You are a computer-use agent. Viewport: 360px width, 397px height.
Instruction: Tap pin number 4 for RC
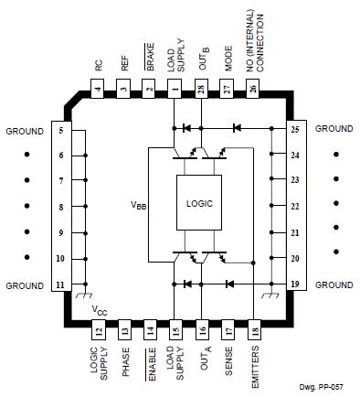pyautogui.click(x=98, y=90)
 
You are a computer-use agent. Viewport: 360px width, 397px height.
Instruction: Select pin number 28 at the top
pyautogui.click(x=201, y=90)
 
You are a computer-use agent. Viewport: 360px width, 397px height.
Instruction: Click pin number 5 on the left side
pyautogui.click(x=60, y=130)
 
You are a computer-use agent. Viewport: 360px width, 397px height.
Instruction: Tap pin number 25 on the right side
pyautogui.click(x=295, y=130)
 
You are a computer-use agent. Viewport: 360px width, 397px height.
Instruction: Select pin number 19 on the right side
pyautogui.click(x=295, y=285)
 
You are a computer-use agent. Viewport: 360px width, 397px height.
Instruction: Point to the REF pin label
pyautogui.click(x=123, y=66)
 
